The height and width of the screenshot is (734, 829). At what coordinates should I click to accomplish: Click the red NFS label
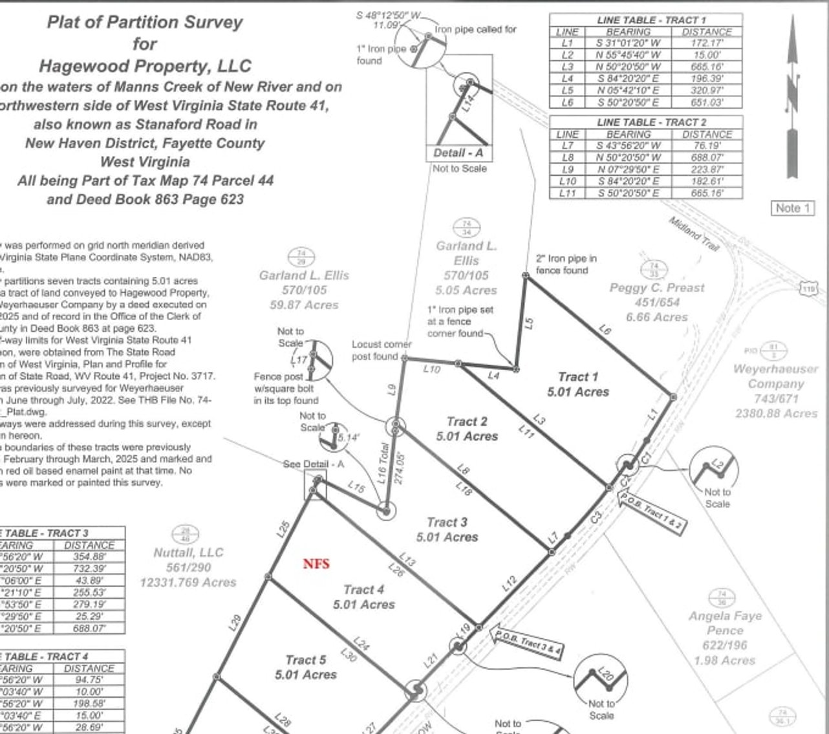(316, 564)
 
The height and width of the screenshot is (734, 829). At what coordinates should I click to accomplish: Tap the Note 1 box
(792, 208)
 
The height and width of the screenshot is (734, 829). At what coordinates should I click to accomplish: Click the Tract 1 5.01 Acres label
(577, 384)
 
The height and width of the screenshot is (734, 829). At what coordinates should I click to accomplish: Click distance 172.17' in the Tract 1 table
(707, 43)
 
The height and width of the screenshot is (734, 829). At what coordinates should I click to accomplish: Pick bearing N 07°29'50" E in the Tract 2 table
(628, 169)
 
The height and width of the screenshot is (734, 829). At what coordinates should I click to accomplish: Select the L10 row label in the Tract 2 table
(567, 181)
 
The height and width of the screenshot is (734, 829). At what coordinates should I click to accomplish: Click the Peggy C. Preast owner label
(656, 288)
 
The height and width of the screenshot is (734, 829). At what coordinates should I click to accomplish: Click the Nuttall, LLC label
(188, 552)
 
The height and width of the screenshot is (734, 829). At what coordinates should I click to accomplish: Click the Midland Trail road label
(693, 230)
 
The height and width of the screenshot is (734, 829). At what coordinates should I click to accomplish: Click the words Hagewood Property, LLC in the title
(145, 66)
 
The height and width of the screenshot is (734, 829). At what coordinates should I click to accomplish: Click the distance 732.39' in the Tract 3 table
(89, 568)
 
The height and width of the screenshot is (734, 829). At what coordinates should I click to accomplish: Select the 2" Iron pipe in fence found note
(566, 264)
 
